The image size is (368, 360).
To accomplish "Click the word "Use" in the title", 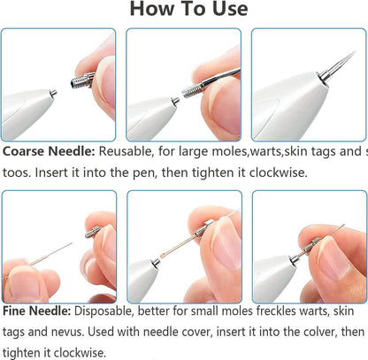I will pos(226,11).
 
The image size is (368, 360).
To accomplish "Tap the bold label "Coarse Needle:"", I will pos(49,150).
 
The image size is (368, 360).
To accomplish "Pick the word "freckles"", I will pos(273,313).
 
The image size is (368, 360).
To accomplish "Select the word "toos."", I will pos(19,171).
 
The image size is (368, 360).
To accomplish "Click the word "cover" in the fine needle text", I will pos(198,333).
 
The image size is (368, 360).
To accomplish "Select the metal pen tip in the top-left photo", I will pos(54,91).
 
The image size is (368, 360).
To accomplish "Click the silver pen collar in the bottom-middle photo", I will pos(157,262).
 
